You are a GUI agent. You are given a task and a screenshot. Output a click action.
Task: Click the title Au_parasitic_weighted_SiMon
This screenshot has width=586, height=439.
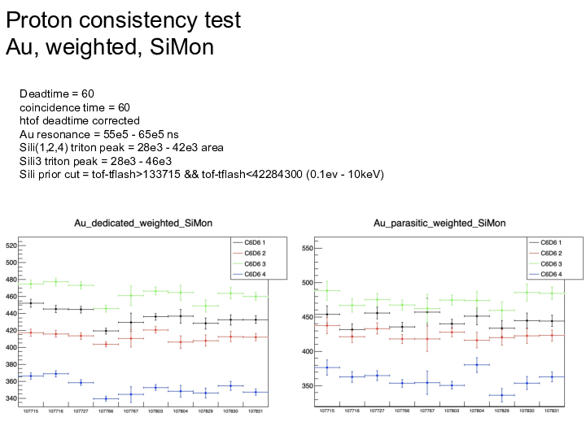439,223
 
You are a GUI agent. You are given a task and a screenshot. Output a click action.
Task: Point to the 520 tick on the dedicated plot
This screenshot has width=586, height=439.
11,246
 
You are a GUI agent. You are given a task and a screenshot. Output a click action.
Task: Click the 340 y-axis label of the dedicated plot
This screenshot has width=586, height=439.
11,398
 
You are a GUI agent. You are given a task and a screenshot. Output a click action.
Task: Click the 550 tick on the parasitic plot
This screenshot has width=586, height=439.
307,249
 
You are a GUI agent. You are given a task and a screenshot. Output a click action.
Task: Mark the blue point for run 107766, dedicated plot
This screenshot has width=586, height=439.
106,398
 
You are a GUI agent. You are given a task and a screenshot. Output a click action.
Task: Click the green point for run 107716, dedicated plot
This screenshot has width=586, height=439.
56,282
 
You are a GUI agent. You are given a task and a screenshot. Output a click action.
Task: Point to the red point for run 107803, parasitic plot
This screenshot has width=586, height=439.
452,332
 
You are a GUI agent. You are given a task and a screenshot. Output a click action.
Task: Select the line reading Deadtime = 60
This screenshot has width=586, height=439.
57,95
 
